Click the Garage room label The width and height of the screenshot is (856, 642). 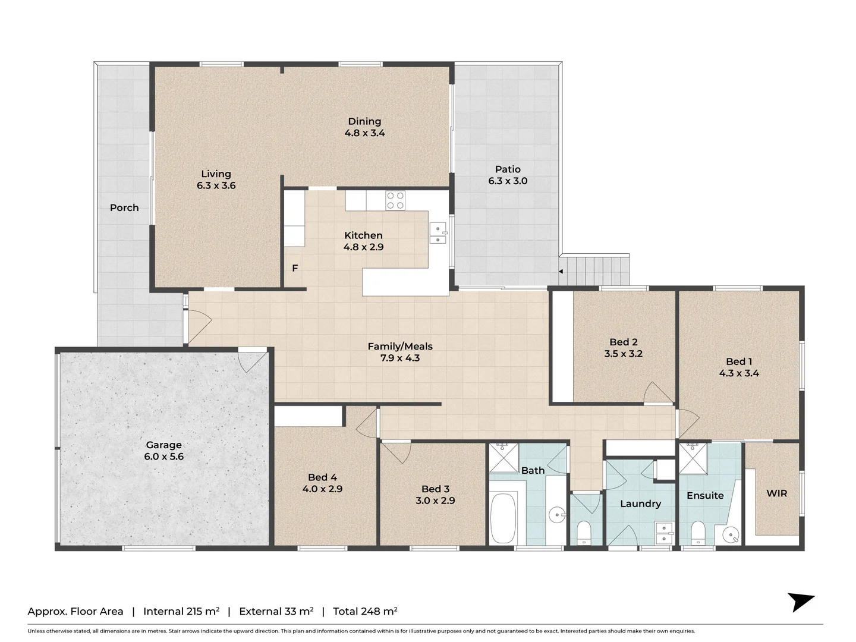pyautogui.click(x=163, y=445)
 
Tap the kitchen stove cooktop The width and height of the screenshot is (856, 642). pyautogui.click(x=395, y=200)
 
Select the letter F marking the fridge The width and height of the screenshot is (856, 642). pyautogui.click(x=295, y=269)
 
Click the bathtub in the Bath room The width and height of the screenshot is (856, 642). pyautogui.click(x=504, y=518)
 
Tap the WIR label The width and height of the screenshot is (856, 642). pyautogui.click(x=776, y=493)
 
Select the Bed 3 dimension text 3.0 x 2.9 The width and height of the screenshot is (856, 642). pyautogui.click(x=435, y=501)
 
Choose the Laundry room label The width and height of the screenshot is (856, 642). pyautogui.click(x=640, y=503)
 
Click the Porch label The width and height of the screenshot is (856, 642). pyautogui.click(x=124, y=207)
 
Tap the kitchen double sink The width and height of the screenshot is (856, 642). pyautogui.click(x=438, y=233)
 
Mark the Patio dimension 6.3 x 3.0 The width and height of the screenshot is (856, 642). pyautogui.click(x=508, y=181)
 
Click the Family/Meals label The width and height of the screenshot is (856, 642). pyautogui.click(x=400, y=346)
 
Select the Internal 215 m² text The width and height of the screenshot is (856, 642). pyautogui.click(x=181, y=611)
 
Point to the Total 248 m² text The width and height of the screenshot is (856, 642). pyautogui.click(x=365, y=611)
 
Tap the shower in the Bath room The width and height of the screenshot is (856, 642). pyautogui.click(x=503, y=457)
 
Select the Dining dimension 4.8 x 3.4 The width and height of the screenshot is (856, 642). pyautogui.click(x=364, y=133)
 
